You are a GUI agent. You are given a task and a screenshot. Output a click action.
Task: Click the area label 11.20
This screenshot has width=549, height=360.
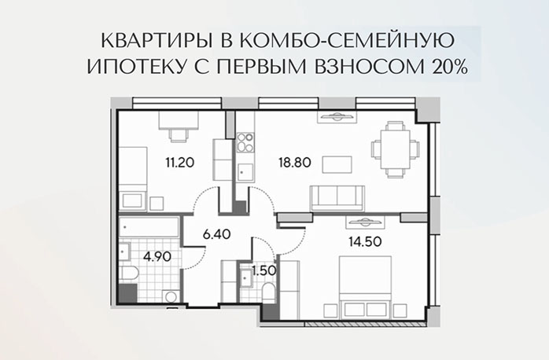[179, 163]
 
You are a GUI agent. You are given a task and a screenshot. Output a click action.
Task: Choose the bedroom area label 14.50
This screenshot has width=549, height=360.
[367, 242]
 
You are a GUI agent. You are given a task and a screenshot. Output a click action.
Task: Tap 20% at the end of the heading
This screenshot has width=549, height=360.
[448, 68]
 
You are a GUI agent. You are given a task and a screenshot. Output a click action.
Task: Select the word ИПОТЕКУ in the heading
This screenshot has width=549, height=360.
[123, 68]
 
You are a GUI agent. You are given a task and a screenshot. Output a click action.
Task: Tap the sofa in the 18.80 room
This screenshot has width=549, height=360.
[336, 197]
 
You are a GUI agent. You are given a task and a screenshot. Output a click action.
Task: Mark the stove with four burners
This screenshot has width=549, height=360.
[245, 142]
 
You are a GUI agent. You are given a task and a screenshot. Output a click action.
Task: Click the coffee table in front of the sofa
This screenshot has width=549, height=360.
[337, 164]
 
